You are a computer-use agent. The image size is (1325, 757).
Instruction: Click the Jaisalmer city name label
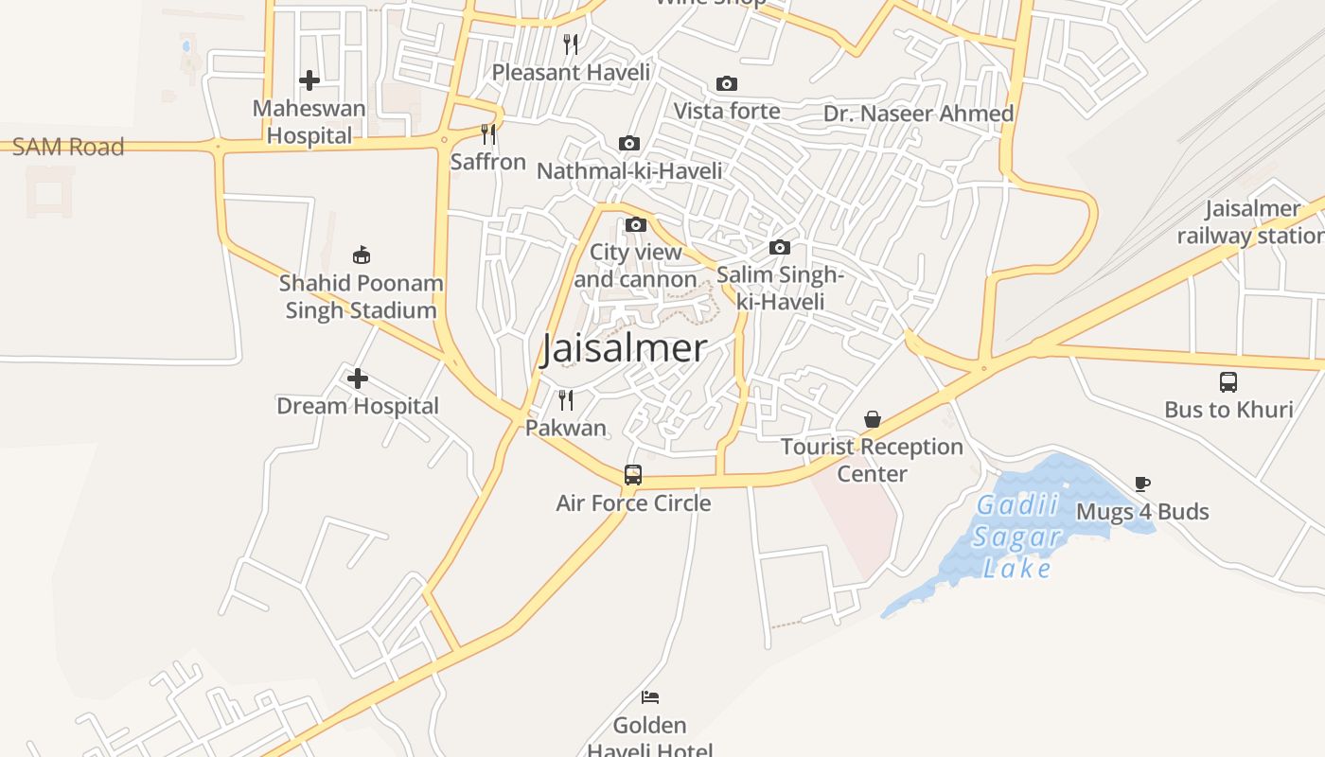point(624,348)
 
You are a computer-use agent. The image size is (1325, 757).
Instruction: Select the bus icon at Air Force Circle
point(633,474)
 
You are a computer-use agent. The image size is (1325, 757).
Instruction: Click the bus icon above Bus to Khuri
point(1228,382)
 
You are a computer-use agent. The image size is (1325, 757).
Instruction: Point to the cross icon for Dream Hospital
point(357,378)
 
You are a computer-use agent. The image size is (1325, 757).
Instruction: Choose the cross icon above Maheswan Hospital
point(309,80)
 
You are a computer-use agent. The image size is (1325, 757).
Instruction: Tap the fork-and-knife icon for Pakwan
point(566,399)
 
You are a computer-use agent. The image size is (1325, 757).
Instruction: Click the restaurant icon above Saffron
point(488,134)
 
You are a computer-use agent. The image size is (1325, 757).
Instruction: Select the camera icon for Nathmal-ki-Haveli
point(629,144)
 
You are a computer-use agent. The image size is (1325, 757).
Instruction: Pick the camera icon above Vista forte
point(727,84)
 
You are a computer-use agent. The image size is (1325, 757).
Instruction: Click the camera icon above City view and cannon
point(636,225)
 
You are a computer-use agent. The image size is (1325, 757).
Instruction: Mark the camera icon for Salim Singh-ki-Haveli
point(780,248)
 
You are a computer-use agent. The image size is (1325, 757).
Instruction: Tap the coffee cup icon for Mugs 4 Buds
point(1142,484)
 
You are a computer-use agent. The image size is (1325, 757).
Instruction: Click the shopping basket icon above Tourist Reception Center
point(873,419)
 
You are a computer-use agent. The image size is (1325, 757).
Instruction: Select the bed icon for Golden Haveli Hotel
point(649,697)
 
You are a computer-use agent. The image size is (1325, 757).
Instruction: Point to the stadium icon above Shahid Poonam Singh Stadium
point(362,255)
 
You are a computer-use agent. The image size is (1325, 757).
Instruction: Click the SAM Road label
point(68,147)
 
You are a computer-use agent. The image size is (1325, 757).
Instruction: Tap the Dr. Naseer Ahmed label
point(918,114)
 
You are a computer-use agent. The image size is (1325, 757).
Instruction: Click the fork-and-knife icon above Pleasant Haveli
point(571,44)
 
